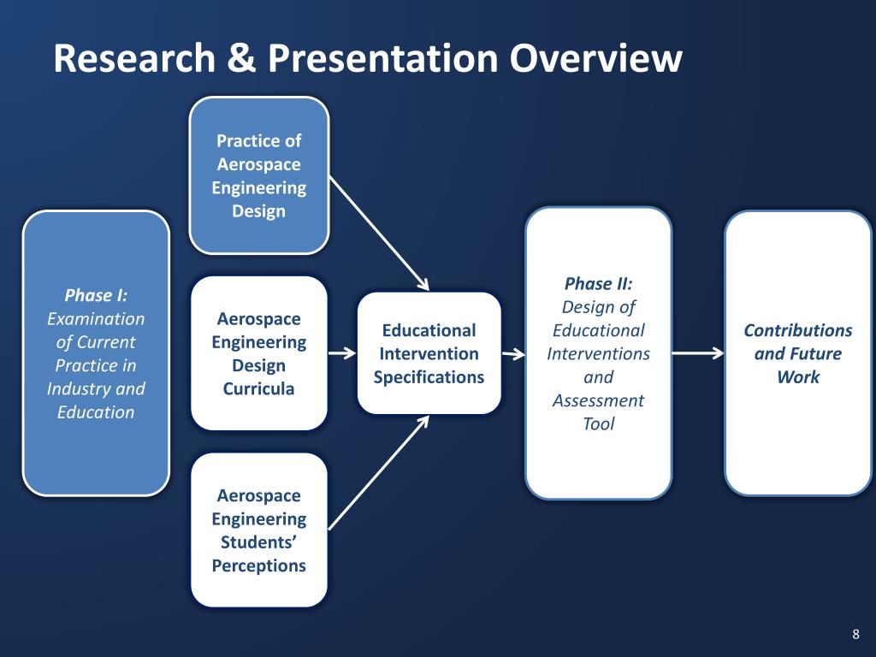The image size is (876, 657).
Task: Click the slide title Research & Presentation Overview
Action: click(x=367, y=59)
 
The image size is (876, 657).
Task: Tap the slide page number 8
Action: click(x=855, y=634)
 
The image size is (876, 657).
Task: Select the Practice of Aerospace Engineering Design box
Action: click(x=258, y=175)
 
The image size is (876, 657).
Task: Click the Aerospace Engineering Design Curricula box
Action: click(x=258, y=353)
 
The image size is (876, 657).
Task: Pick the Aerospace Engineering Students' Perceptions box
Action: click(x=258, y=530)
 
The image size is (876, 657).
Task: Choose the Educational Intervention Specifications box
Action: click(x=429, y=353)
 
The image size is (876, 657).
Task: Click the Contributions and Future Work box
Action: click(x=797, y=353)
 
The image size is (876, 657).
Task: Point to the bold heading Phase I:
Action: click(x=96, y=296)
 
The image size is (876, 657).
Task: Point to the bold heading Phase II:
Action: click(x=598, y=284)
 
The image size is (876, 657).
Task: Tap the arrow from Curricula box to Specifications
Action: click(x=341, y=353)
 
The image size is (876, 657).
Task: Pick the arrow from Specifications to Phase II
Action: click(x=513, y=353)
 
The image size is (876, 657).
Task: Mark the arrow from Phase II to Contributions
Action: click(x=698, y=353)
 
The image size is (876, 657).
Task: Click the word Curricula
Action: click(x=258, y=388)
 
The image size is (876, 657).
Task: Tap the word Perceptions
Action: click(x=258, y=565)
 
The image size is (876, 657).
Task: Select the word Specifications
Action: click(x=429, y=376)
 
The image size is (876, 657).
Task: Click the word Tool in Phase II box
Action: click(x=598, y=423)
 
